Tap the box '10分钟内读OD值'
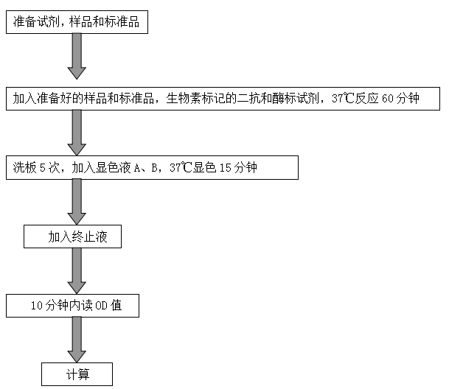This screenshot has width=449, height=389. click(72, 306)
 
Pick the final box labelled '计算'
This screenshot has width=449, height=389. click(77, 374)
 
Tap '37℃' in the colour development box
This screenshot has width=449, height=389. click(181, 168)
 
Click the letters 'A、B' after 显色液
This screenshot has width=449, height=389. click(148, 168)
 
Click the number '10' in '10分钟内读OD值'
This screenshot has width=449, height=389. click(36, 306)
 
